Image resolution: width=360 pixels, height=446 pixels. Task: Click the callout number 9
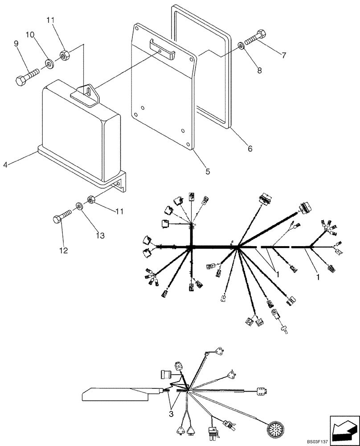point(16,43)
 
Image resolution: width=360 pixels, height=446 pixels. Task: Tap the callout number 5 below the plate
point(208,171)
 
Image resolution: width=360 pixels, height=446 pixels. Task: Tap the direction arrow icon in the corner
point(344,430)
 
